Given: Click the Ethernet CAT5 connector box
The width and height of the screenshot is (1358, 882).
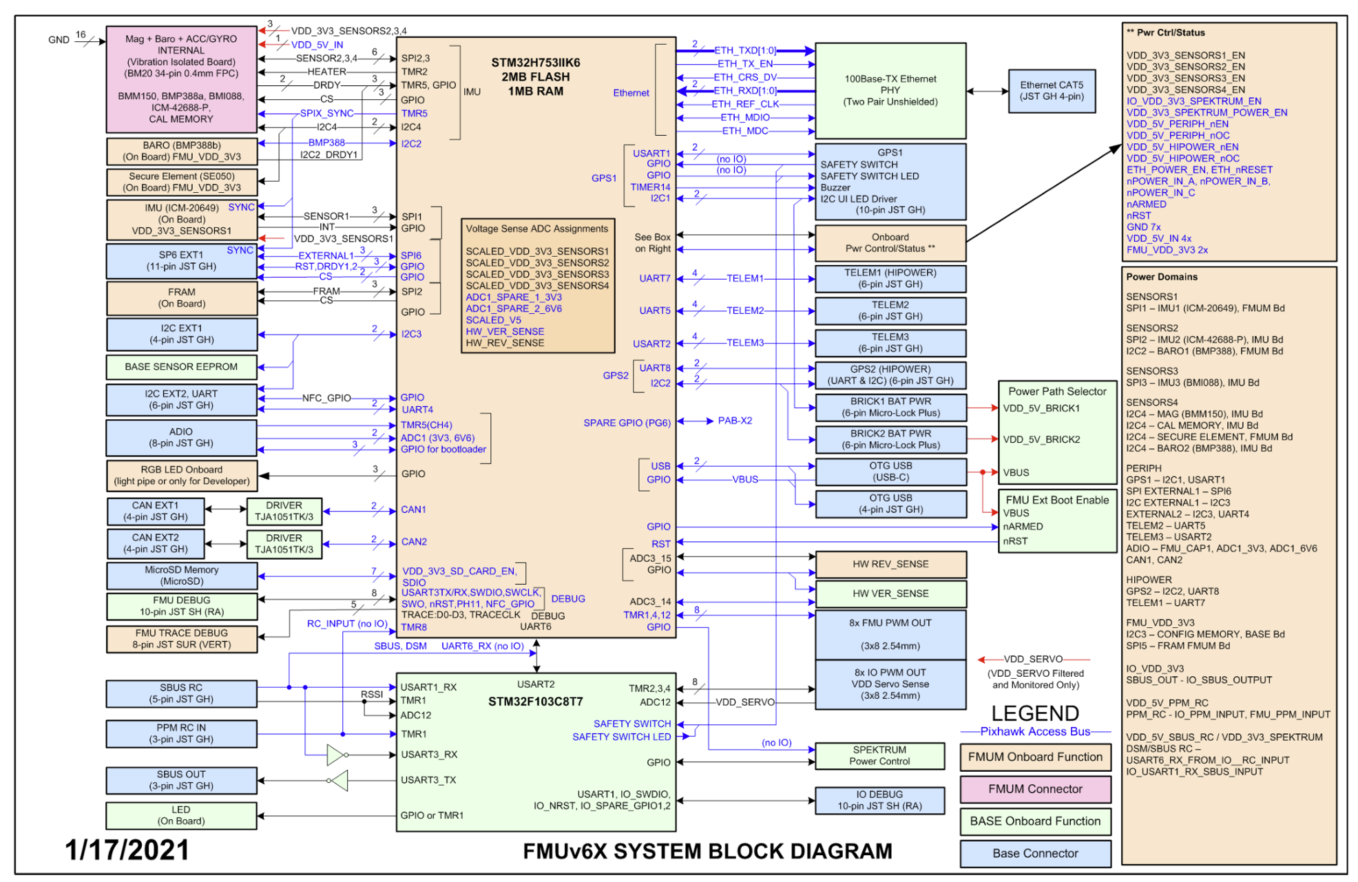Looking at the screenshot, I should click(x=1051, y=91).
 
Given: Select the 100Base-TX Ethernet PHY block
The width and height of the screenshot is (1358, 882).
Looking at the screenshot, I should click(x=890, y=90).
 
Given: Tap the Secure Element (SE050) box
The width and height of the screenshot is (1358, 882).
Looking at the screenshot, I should click(x=182, y=182).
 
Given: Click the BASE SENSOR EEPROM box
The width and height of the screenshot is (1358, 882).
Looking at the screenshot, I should click(x=181, y=367).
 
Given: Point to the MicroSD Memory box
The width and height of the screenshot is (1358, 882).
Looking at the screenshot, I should click(x=181, y=576).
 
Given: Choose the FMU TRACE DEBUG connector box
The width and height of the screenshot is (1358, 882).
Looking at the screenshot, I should click(x=181, y=639).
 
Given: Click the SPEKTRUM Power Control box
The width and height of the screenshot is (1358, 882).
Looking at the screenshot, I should click(x=879, y=755).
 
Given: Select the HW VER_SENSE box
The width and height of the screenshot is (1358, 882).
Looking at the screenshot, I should click(x=890, y=594).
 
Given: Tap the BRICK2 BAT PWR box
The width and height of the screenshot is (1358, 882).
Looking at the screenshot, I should click(x=890, y=439).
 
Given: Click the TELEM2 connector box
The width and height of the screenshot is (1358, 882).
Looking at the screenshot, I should click(x=890, y=311).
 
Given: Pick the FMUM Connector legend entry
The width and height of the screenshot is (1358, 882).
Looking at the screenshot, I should click(x=1035, y=789).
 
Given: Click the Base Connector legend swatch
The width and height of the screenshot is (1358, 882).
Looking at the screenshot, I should click(x=1035, y=853).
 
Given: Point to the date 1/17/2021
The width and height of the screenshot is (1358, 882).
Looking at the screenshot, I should click(x=127, y=850).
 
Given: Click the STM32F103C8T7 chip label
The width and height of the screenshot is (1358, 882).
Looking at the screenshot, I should click(x=535, y=702).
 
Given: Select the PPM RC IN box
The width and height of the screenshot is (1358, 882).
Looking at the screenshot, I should click(x=181, y=733).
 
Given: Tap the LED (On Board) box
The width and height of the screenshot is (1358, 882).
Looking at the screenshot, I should click(x=181, y=815).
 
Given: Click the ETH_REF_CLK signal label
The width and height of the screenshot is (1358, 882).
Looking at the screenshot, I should click(x=745, y=104).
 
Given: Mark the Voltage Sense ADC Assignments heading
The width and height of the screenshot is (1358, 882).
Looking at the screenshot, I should click(x=536, y=229).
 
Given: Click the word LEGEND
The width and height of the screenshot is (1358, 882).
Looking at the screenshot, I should click(x=1035, y=713).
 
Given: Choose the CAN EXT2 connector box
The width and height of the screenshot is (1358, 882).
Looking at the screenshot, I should click(x=156, y=543).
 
